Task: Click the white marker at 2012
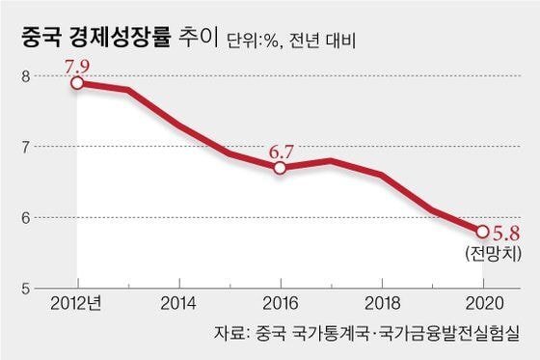click(76, 83)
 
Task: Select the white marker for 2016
click(280, 167)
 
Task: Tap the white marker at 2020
click(481, 231)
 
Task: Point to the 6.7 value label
click(281, 150)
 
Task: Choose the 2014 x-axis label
click(178, 303)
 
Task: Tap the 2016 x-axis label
click(280, 303)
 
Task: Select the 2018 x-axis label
click(381, 303)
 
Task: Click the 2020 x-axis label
click(481, 303)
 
